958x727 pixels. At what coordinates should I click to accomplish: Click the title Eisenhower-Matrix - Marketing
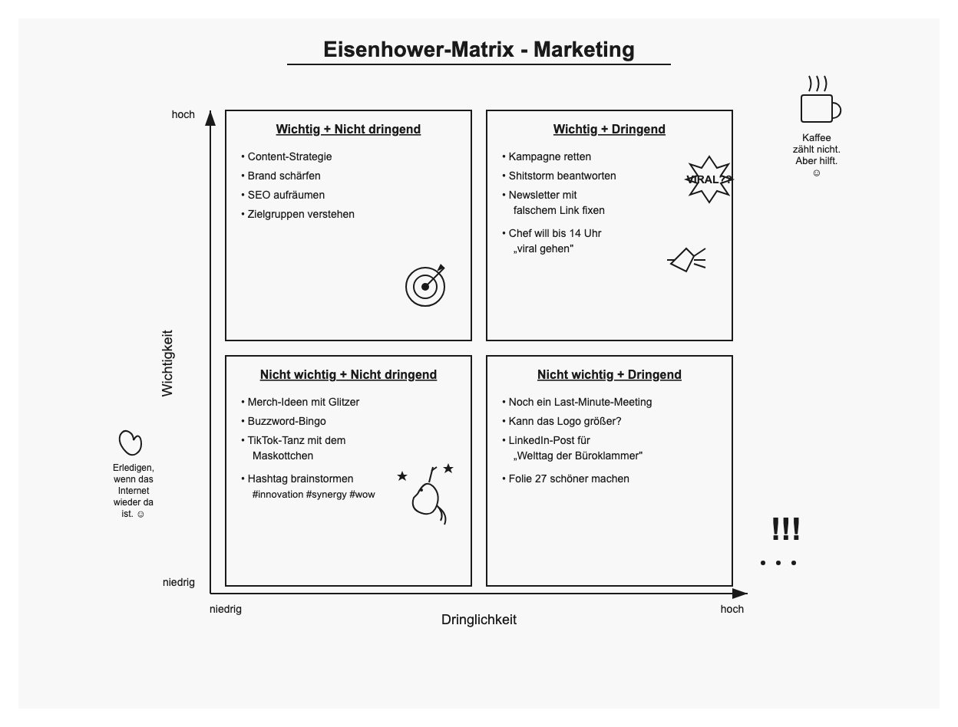click(479, 50)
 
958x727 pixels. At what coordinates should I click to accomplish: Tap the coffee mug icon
click(818, 108)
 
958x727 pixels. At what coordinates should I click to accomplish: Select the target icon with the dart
click(425, 285)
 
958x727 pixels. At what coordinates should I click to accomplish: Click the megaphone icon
click(685, 259)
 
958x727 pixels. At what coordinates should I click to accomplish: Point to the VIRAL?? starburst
click(709, 179)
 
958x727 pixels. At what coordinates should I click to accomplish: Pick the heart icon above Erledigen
click(130, 442)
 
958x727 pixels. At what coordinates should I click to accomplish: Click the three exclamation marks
click(785, 529)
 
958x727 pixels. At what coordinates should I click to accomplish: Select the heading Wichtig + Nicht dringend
click(349, 130)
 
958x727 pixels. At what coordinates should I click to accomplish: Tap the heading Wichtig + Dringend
click(609, 130)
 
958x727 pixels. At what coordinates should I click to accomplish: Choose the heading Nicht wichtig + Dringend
click(609, 375)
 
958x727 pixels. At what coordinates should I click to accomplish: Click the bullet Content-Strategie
click(289, 156)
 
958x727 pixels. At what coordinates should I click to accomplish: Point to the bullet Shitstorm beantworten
click(562, 176)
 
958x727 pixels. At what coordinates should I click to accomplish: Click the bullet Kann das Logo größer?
click(564, 421)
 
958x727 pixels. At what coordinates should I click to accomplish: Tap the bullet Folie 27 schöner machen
click(569, 479)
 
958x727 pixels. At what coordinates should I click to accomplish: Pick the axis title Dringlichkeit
click(479, 620)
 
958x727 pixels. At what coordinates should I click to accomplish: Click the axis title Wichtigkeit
click(167, 363)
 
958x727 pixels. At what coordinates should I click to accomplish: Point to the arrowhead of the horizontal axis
click(740, 594)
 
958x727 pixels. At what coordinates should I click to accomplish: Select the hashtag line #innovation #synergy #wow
click(313, 494)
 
